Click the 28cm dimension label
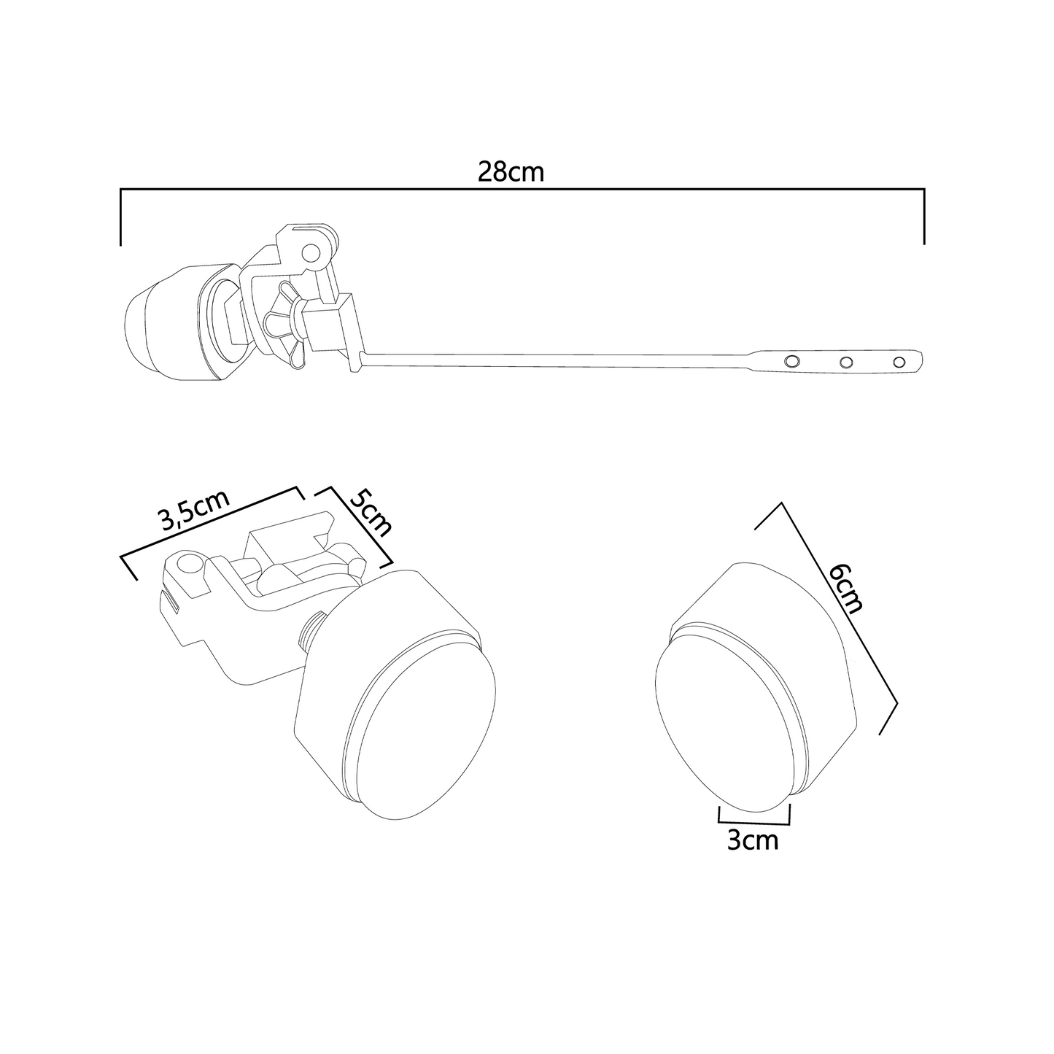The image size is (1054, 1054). point(511,171)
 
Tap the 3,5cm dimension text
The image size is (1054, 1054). point(193,511)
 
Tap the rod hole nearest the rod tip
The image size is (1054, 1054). point(899,362)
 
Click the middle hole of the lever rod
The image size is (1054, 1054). point(846,362)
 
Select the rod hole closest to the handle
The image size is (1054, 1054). point(791,362)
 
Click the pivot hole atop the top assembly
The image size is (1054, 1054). point(311,253)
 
